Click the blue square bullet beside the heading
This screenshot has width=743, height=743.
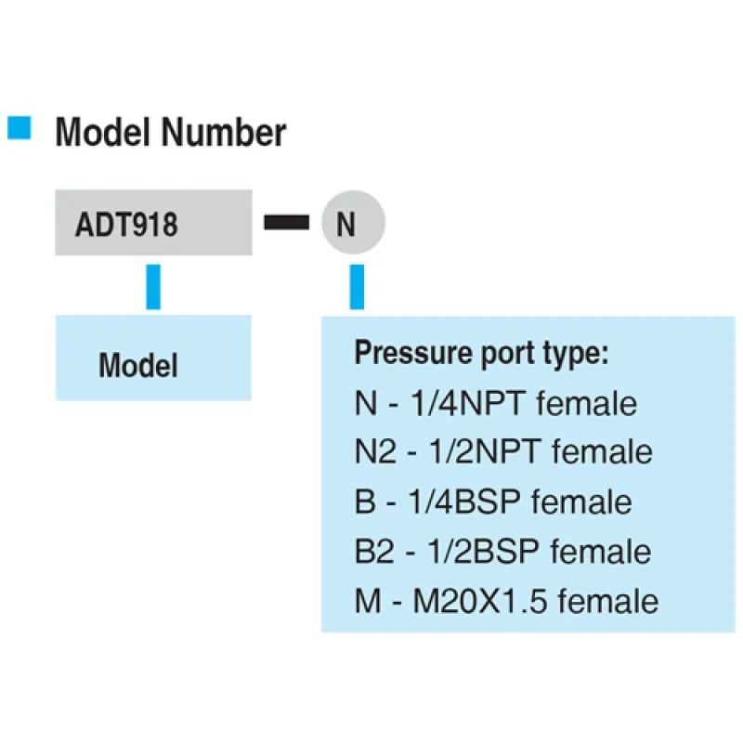pyautogui.click(x=20, y=128)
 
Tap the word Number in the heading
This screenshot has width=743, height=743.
pyautogui.click(x=223, y=133)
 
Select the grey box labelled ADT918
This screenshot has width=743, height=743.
pyautogui.click(x=153, y=224)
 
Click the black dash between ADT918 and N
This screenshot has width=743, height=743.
pyautogui.click(x=286, y=224)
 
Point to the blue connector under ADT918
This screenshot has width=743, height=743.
pyautogui.click(x=153, y=286)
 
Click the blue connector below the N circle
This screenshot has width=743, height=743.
pyautogui.click(x=357, y=286)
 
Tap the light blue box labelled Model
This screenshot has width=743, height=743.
pyautogui.click(x=153, y=359)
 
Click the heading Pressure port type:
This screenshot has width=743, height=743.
pyautogui.click(x=481, y=355)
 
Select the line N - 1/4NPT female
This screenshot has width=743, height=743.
pyautogui.click(x=496, y=404)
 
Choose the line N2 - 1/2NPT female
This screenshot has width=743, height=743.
pyautogui.click(x=503, y=453)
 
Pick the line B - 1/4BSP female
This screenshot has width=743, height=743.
pyautogui.click(x=493, y=502)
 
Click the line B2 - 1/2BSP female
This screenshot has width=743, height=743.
pyautogui.click(x=502, y=552)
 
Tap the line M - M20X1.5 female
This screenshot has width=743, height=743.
pyautogui.click(x=506, y=601)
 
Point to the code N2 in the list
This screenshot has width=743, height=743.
pyautogui.click(x=373, y=453)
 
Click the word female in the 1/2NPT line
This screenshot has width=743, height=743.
pyautogui.click(x=602, y=453)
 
